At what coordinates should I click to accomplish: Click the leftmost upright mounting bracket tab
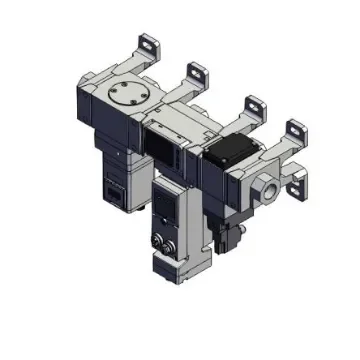click(147, 43)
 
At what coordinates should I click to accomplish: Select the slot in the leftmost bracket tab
click(149, 42)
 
